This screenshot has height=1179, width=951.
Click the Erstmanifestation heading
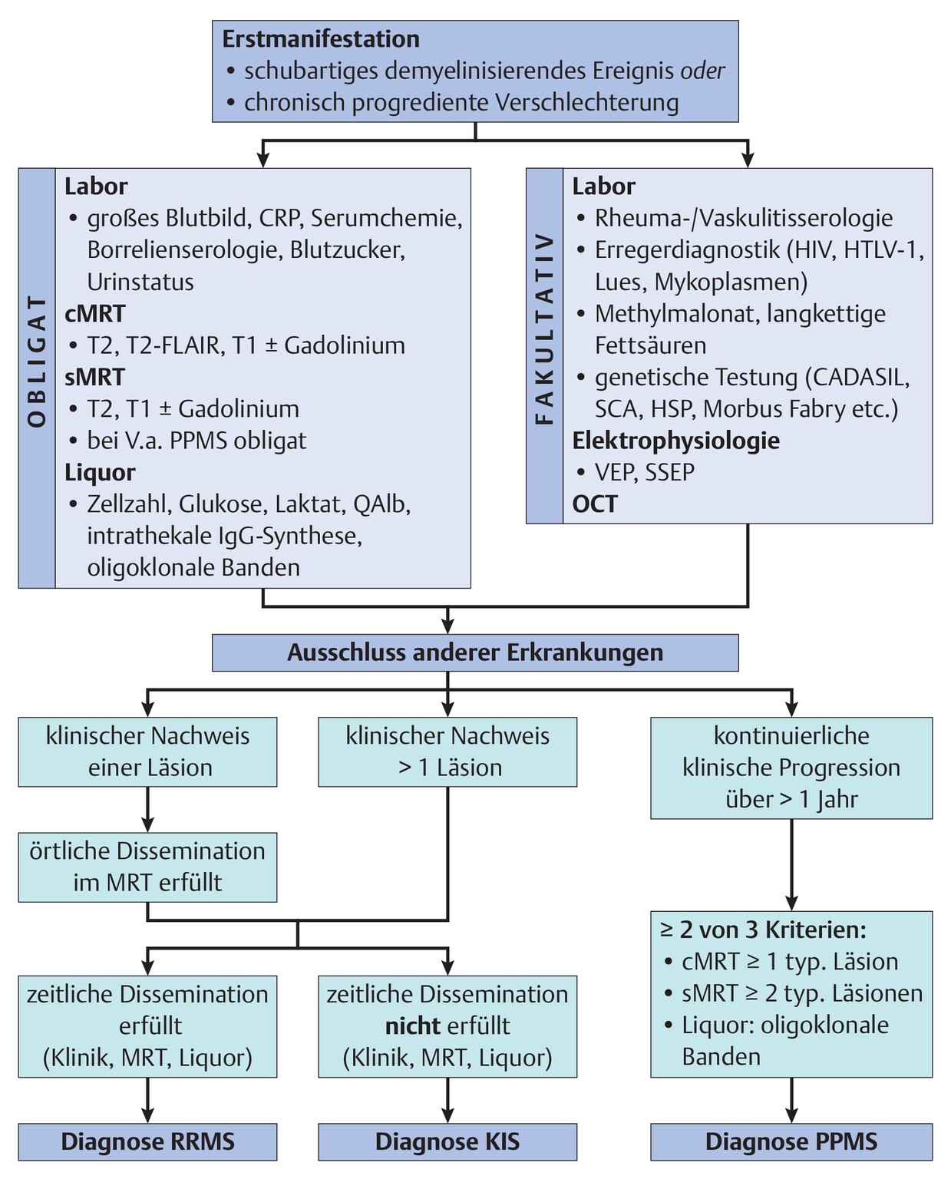pyautogui.click(x=321, y=39)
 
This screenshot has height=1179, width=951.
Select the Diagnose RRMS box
pyautogui.click(x=148, y=1141)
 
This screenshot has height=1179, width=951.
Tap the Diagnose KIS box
pyautogui.click(x=447, y=1141)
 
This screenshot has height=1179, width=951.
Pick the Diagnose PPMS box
pyautogui.click(x=791, y=1141)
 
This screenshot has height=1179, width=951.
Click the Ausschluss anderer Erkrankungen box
pyautogui.click(x=475, y=652)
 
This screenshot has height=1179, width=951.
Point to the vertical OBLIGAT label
pyautogui.click(x=37, y=361)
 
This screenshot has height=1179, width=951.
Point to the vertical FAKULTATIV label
pyautogui.click(x=544, y=330)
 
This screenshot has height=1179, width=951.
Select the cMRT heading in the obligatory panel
pyautogui.click(x=94, y=314)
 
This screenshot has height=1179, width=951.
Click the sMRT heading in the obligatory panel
pyautogui.click(x=94, y=377)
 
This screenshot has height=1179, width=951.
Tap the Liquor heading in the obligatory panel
pyautogui.click(x=100, y=472)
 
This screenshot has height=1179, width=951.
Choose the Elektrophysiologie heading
pyautogui.click(x=676, y=441)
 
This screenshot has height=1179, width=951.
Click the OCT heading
pyautogui.click(x=595, y=504)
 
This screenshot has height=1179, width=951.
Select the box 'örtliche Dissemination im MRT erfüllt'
pyautogui.click(x=147, y=867)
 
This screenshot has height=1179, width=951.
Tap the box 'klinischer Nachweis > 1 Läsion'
pyautogui.click(x=447, y=751)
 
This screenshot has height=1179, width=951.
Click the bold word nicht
pyautogui.click(x=413, y=1026)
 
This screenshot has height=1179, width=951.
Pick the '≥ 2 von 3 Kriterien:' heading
pyautogui.click(x=763, y=930)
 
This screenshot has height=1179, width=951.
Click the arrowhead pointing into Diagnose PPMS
pyautogui.click(x=791, y=1114)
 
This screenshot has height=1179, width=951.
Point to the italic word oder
pyautogui.click(x=702, y=71)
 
